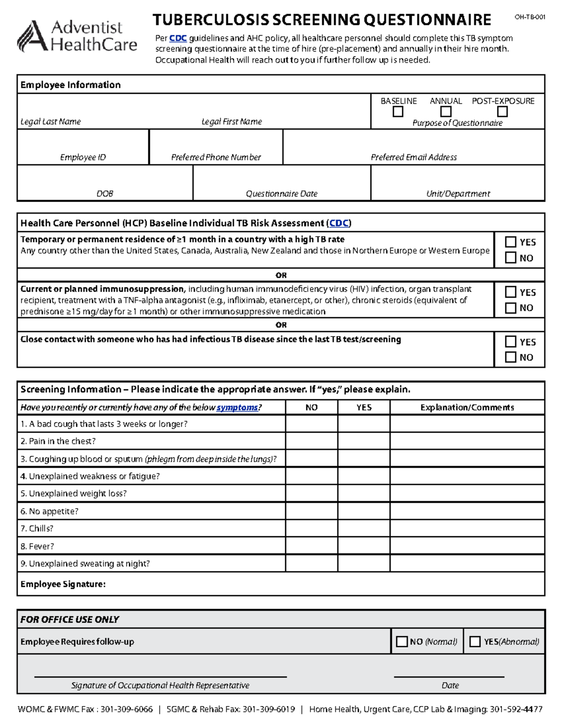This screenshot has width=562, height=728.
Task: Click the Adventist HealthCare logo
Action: [77, 36]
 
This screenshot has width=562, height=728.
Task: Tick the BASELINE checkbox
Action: [398, 112]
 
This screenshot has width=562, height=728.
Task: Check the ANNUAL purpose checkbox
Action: [446, 112]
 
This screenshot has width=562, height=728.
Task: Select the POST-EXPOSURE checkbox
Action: [503, 112]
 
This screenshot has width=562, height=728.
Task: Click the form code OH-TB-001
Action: [530, 17]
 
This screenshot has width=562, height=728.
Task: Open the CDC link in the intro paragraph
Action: [178, 38]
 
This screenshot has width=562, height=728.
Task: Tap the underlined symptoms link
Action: [237, 407]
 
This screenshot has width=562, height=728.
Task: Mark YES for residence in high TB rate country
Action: [510, 242]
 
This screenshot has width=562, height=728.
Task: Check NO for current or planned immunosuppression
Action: [510, 308]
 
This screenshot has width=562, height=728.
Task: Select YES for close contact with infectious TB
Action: [510, 342]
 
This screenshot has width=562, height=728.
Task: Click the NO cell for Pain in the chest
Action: [311, 441]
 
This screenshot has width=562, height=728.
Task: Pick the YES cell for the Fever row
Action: [364, 546]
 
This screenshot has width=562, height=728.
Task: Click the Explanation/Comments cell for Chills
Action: [467, 528]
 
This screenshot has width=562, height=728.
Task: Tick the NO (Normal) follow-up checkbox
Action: [402, 642]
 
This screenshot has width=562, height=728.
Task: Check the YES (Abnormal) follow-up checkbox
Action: [475, 642]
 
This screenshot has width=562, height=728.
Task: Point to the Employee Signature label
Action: [63, 584]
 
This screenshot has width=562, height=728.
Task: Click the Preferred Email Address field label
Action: [414, 158]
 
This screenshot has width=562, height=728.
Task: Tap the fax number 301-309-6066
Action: [126, 709]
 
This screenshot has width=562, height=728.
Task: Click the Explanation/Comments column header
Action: [467, 407]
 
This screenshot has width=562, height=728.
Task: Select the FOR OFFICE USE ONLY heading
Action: [70, 620]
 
